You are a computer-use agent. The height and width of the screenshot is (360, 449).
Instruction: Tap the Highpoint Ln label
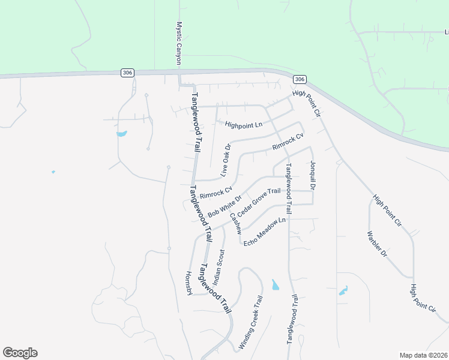click(244, 125)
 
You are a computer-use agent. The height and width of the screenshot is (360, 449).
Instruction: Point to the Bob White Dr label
click(224, 206)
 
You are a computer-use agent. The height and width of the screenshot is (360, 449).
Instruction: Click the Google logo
click(20, 353)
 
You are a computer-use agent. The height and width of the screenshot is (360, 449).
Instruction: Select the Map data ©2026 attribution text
click(423, 355)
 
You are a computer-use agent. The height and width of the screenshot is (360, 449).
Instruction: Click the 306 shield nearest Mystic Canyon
click(127, 73)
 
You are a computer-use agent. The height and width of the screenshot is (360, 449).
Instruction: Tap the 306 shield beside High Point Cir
click(300, 79)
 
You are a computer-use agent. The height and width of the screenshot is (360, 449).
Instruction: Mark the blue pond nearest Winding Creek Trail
click(275, 284)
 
